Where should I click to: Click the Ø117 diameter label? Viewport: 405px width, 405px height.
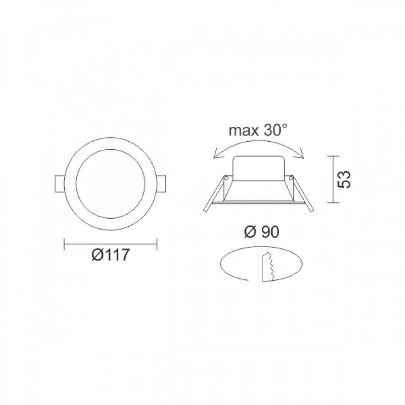tap(110, 255)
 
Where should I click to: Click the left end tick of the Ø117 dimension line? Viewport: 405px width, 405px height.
tap(65, 243)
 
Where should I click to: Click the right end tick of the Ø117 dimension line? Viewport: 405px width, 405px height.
tap(157, 243)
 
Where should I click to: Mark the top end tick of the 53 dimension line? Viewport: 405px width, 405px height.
tap(333, 156)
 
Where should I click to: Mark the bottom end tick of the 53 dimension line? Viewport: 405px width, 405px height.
tap(333, 202)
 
